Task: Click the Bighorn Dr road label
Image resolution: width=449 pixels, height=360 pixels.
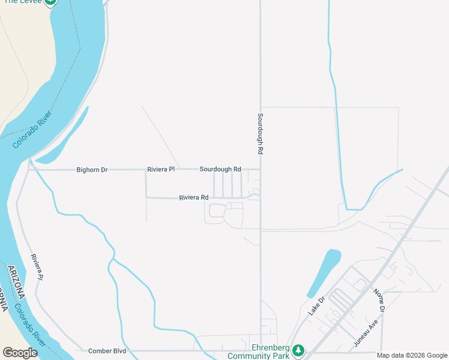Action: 92,170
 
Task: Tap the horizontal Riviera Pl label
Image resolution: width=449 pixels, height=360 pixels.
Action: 161,170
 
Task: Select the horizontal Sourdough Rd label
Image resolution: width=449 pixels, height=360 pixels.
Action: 220,170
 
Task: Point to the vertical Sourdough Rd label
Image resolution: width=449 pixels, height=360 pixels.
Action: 261,134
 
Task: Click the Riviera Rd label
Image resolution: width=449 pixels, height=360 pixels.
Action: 193,197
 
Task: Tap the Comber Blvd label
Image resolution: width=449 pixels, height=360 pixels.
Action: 107,351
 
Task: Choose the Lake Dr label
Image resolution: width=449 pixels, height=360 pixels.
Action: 316,306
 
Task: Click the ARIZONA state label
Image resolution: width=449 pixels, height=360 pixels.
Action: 16,281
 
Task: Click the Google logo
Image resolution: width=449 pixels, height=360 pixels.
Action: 20,353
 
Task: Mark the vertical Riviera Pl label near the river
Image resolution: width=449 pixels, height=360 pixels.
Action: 37,266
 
